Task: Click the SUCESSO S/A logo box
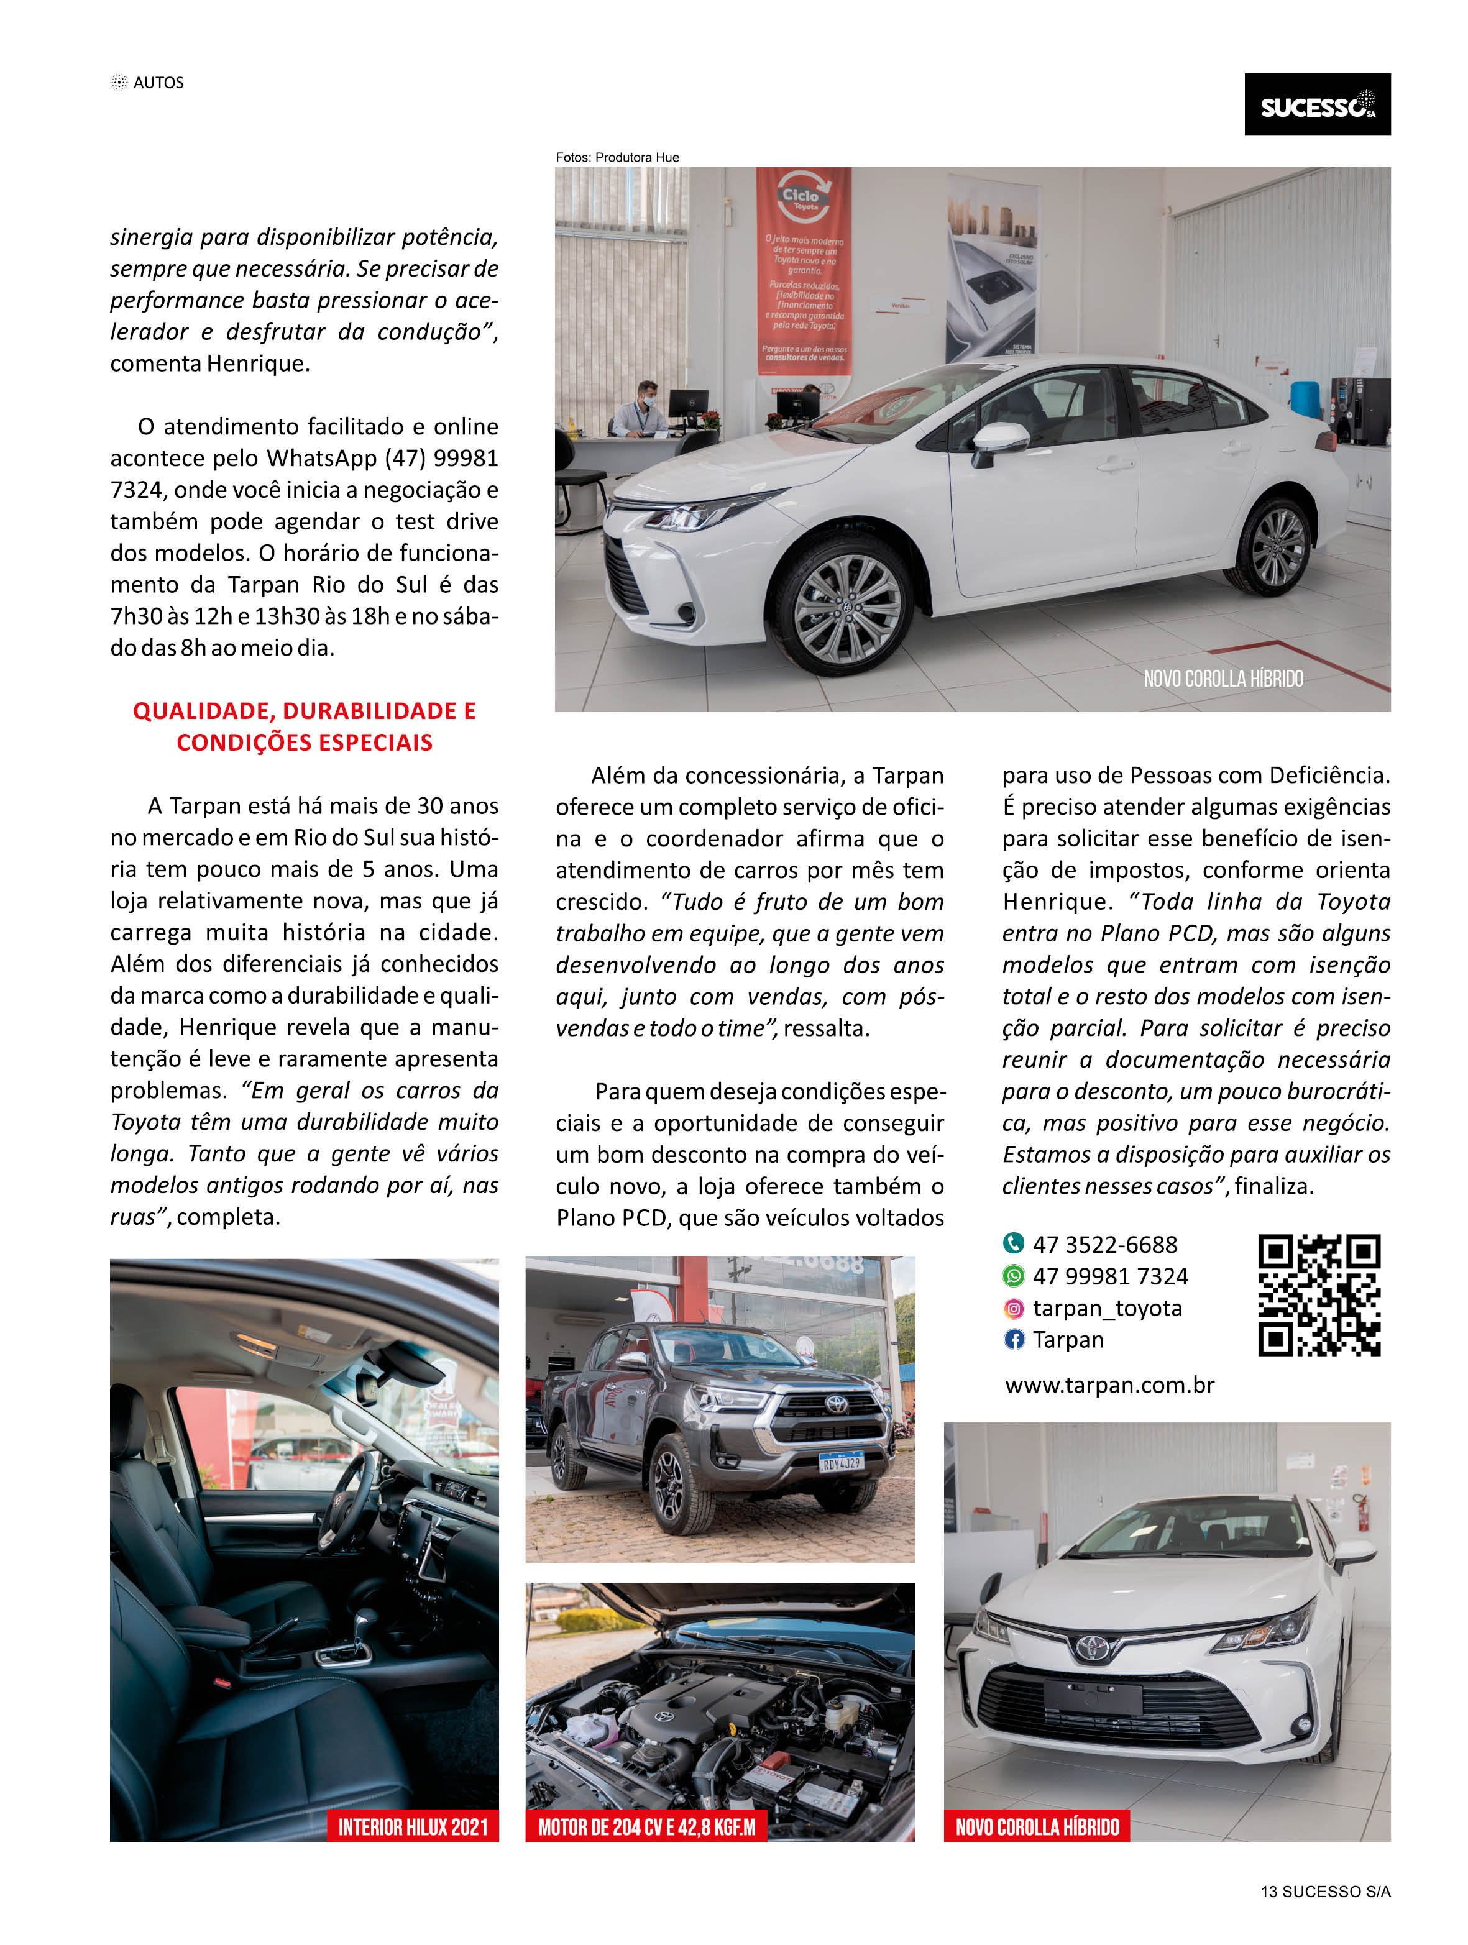coord(1317,104)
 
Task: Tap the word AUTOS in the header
coord(158,83)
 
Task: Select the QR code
coord(1318,1294)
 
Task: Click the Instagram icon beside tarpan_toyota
coord(1013,1309)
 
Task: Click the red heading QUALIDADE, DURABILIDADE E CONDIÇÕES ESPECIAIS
coord(305,726)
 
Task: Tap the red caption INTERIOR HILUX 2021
coord(413,1827)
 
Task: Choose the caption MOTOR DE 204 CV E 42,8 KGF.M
coord(646,1827)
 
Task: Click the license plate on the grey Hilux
coord(841,1462)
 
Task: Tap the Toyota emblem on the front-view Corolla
coord(1091,1647)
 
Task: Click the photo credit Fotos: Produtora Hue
coord(617,157)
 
